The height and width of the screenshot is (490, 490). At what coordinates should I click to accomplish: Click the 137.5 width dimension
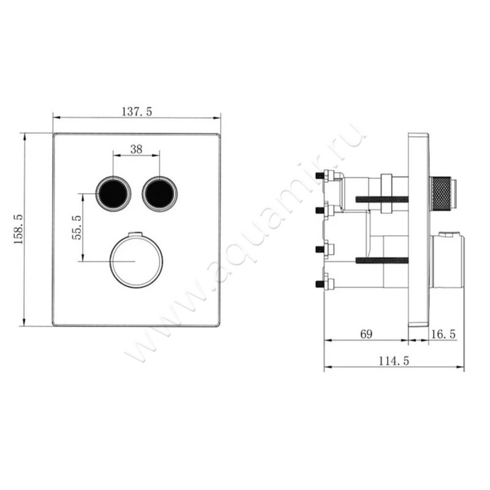coord(136,111)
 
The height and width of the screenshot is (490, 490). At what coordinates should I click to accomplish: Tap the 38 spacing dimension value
coord(136,149)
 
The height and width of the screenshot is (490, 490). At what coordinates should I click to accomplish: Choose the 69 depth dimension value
coord(366,334)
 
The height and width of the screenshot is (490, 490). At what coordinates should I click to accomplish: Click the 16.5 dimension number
coord(443,334)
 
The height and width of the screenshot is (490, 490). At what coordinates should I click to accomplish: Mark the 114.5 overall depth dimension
coord(393,361)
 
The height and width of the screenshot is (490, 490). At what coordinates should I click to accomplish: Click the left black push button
coord(113,193)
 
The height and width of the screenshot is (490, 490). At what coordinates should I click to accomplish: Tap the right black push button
coord(159,193)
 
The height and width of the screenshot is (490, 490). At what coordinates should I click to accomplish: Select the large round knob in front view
coord(136,262)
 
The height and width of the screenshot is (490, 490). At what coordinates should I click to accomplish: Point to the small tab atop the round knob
coord(136,235)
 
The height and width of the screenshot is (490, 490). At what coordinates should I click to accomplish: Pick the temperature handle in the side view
coord(447,261)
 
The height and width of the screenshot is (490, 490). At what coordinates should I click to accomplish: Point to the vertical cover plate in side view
coord(418,230)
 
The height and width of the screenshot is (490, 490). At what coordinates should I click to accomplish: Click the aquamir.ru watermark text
coord(245,245)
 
